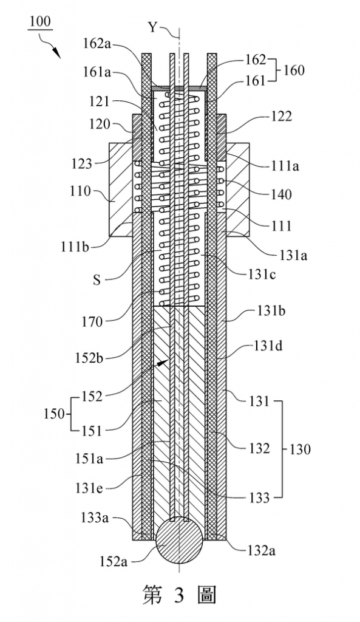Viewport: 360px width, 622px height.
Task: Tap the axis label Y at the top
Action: pyautogui.click(x=152, y=27)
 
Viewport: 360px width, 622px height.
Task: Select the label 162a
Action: pyautogui.click(x=97, y=44)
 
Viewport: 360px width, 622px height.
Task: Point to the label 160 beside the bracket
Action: pyautogui.click(x=293, y=70)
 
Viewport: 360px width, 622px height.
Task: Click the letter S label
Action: pyautogui.click(x=97, y=281)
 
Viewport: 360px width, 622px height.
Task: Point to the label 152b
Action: pyautogui.click(x=89, y=358)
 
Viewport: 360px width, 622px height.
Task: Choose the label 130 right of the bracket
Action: pyautogui.click(x=299, y=449)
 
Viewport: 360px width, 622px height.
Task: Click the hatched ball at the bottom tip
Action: pyautogui.click(x=180, y=539)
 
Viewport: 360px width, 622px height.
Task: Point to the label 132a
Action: pyautogui.click(x=260, y=550)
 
